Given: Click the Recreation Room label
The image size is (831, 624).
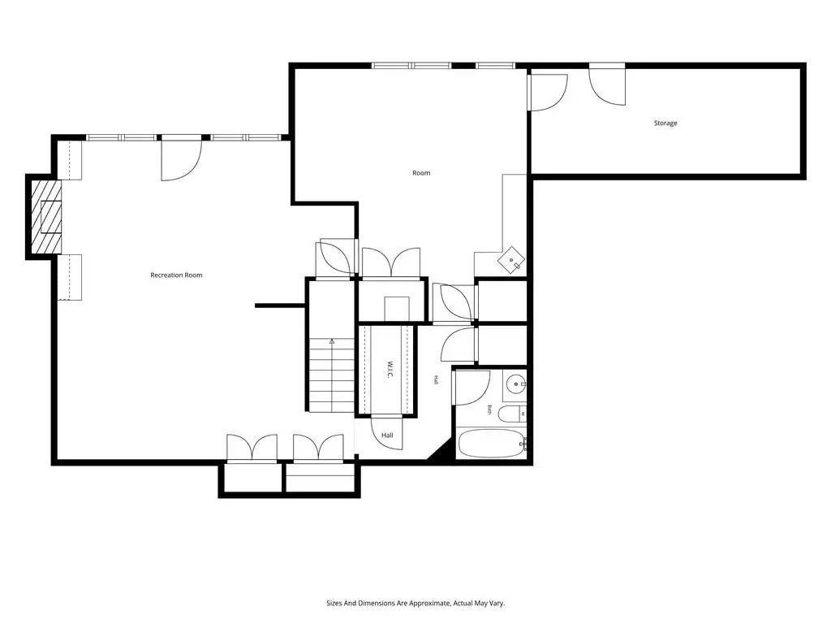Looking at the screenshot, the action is coord(176,275).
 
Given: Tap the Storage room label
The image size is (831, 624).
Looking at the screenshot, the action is coord(665,123).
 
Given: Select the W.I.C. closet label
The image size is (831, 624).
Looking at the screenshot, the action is coord(389,370).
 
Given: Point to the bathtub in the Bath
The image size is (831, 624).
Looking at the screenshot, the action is coord(491,444).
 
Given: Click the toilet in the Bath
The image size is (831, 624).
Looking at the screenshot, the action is coord(513,414).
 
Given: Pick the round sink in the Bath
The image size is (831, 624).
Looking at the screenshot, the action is coord(515,383).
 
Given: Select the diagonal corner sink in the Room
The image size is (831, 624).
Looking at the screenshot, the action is coord(511,259).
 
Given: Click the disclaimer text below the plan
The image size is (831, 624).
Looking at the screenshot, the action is coord(415,604).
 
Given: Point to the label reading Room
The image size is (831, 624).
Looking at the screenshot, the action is coord(421,173).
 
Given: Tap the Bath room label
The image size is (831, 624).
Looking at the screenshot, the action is coord(489,409).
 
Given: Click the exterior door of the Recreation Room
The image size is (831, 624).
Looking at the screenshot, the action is coord(182,158).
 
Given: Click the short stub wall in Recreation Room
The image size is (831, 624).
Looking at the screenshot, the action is coord(280,305).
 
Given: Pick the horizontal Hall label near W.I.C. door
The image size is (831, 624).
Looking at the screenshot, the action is coord(387,435).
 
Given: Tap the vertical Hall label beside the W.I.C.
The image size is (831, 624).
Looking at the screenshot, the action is coord(436,380).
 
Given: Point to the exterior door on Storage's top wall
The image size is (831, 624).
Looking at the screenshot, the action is coord(607,84).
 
